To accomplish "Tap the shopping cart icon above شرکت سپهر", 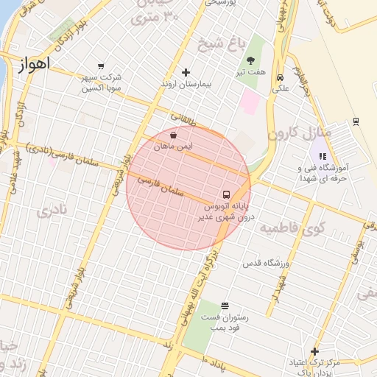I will coord(101,66).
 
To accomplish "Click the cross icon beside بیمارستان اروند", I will coord(186,72).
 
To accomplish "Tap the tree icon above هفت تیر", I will coord(250,60).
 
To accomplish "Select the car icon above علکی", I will coord(280,78).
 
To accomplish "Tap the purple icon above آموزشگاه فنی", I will coord(322,155).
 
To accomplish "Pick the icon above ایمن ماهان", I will coord(172,135).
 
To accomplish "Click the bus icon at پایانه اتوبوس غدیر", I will coord(225,195).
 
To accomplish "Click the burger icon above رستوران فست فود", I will coord(225,306).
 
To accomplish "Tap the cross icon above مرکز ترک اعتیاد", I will coord(314,351).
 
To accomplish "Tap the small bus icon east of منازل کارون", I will coord(356,121).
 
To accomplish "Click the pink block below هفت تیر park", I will coord(250,102).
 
